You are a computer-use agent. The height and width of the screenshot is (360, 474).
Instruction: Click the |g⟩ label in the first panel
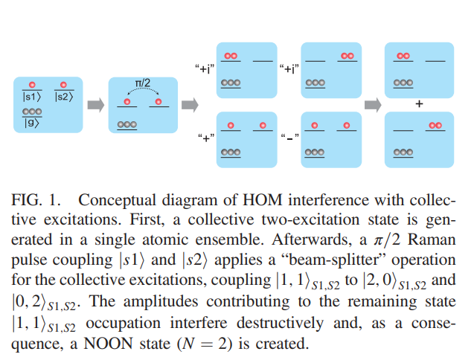[31, 122]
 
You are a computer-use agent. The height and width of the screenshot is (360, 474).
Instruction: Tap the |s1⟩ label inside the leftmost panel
[31, 97]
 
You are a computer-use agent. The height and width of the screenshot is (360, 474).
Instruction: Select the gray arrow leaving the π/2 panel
[190, 106]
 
